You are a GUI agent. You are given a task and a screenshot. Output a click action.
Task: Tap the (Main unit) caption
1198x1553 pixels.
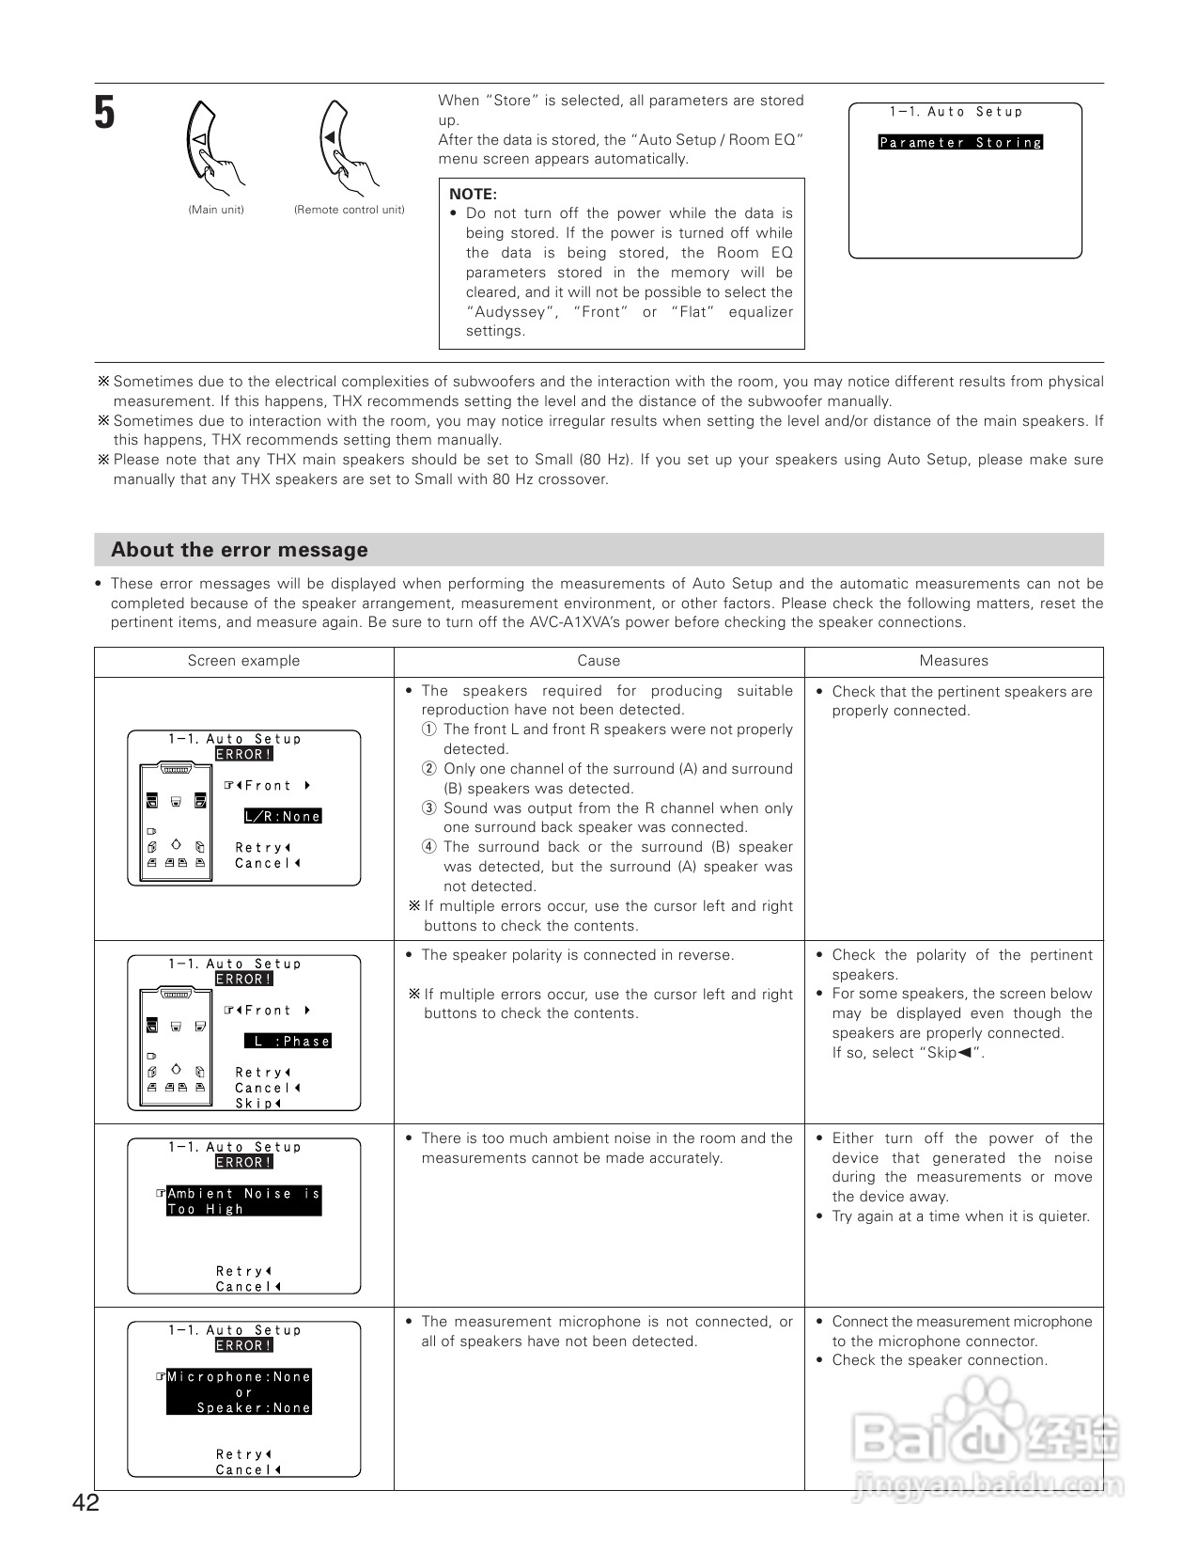pos(216,210)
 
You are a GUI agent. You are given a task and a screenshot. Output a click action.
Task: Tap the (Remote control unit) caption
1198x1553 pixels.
pos(349,210)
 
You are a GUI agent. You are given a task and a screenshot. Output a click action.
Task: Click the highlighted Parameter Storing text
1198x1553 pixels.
pos(960,143)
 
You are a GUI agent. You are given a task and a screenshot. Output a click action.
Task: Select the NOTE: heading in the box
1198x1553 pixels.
pos(472,194)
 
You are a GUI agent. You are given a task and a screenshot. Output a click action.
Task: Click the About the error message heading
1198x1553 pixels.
pos(239,550)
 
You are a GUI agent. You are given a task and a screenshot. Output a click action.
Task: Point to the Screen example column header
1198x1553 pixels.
pos(243,661)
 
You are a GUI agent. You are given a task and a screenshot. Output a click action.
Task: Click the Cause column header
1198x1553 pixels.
pos(599,661)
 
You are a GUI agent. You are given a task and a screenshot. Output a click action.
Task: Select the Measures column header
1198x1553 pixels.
pos(954,661)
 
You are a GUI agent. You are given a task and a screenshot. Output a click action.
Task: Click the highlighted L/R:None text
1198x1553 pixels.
pos(283,816)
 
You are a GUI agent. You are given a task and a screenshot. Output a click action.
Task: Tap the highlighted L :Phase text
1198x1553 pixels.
pos(288,1041)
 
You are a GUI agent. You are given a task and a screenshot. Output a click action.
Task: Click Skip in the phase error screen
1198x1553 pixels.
pos(257,1104)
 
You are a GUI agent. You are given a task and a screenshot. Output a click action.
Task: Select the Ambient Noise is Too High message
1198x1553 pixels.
pos(243,1201)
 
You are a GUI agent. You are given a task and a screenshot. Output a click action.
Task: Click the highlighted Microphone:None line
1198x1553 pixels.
pos(239,1376)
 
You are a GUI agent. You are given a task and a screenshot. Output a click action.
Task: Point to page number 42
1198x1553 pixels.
pos(85,1503)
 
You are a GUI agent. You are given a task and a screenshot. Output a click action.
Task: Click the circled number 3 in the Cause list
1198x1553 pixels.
pos(428,808)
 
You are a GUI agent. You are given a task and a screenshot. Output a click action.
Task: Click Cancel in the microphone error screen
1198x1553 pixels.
pos(248,1470)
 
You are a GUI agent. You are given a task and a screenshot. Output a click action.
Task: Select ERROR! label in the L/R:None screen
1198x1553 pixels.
pos(243,754)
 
